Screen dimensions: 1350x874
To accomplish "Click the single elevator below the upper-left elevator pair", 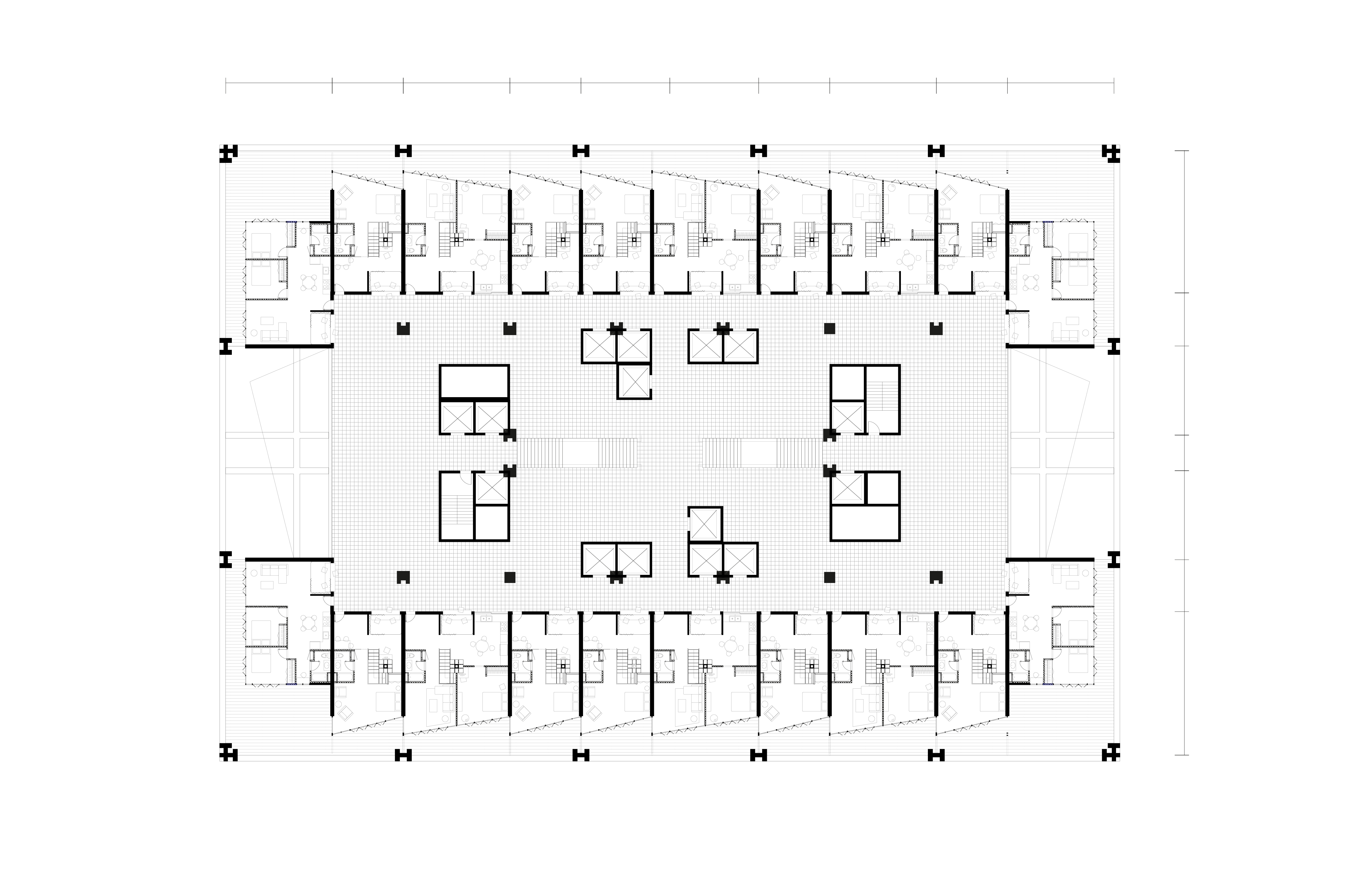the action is pos(634,382).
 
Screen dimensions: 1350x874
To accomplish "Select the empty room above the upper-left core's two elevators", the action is pos(474,381).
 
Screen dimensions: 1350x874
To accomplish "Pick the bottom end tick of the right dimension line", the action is pos(1181,755).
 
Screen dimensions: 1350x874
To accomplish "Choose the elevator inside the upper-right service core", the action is pos(847,417).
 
